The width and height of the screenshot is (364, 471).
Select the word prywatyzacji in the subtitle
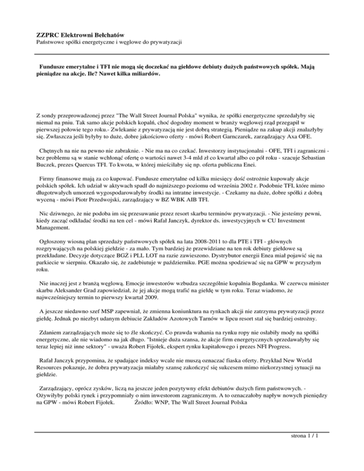tap(164, 43)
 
